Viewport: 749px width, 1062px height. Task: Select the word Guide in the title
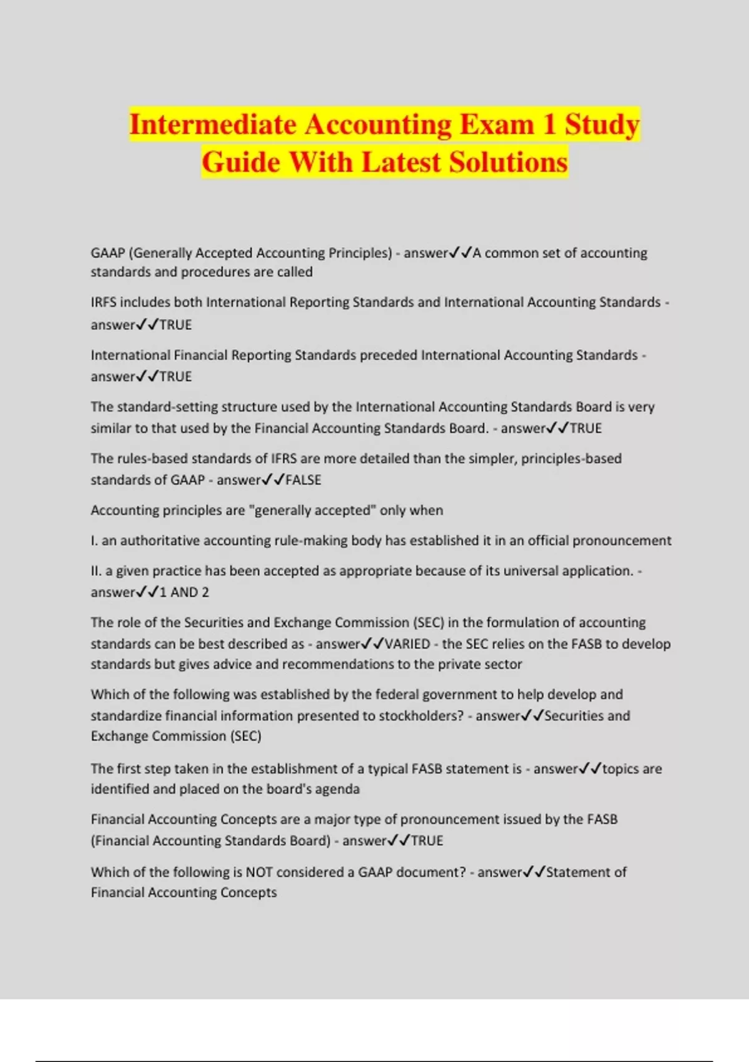pyautogui.click(x=241, y=162)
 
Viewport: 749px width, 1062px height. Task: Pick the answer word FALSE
pyautogui.click(x=303, y=480)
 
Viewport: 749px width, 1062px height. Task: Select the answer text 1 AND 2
pyautogui.click(x=184, y=592)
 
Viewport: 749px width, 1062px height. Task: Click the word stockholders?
pyautogui.click(x=421, y=716)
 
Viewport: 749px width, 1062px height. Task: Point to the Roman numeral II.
pyautogui.click(x=95, y=571)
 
